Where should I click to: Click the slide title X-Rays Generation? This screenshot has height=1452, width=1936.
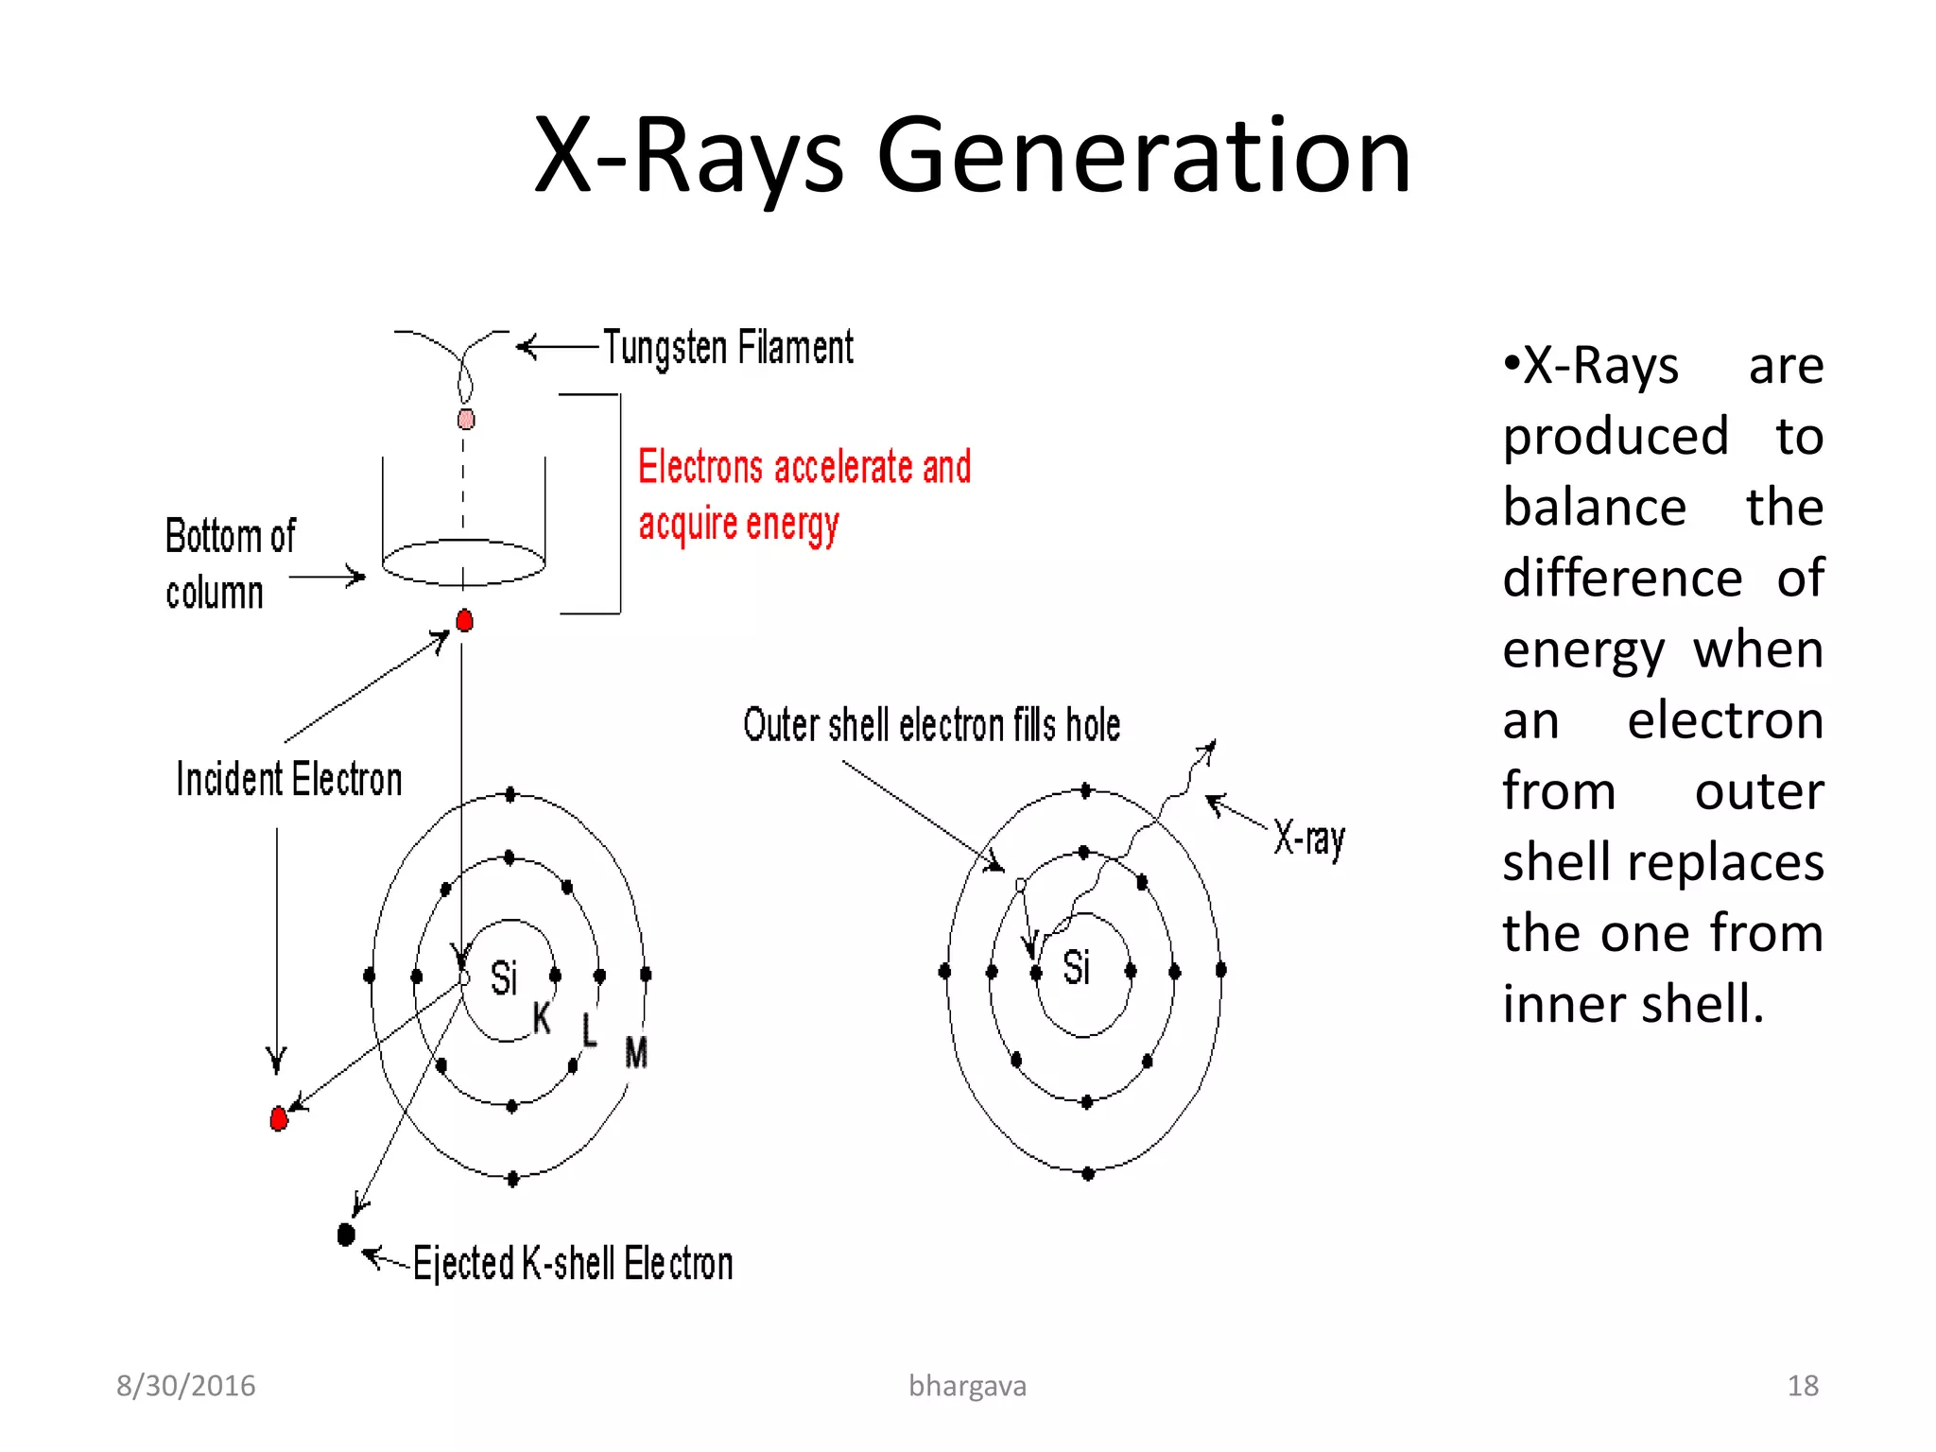pyautogui.click(x=972, y=156)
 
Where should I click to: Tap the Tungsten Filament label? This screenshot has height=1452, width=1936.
pyautogui.click(x=728, y=348)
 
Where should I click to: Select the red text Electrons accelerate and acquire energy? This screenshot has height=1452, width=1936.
pyautogui.click(x=804, y=494)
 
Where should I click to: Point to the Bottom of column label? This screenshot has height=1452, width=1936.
pyautogui.click(x=229, y=564)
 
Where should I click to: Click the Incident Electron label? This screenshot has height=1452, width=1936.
pyautogui.click(x=289, y=780)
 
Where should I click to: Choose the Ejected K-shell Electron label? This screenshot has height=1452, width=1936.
pyautogui.click(x=573, y=1264)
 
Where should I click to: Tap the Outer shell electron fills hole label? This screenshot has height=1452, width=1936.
pyautogui.click(x=931, y=726)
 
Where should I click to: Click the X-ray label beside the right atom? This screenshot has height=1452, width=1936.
pyautogui.click(x=1309, y=838)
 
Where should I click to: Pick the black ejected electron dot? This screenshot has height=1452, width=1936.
pyautogui.click(x=346, y=1235)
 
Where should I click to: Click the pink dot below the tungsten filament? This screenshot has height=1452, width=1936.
pyautogui.click(x=466, y=419)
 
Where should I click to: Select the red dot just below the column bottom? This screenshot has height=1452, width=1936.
pyautogui.click(x=464, y=621)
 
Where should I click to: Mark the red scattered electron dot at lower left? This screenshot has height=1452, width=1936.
pyautogui.click(x=278, y=1119)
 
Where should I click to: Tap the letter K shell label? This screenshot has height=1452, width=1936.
pyautogui.click(x=542, y=1018)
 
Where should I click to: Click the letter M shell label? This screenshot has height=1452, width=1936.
pyautogui.click(x=636, y=1053)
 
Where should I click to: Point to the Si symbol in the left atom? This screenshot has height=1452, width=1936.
pyautogui.click(x=504, y=977)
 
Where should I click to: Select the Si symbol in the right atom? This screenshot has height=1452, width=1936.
pyautogui.click(x=1077, y=968)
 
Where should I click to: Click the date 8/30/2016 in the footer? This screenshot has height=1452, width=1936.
pyautogui.click(x=186, y=1386)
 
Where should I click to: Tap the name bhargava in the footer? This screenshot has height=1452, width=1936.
pyautogui.click(x=967, y=1386)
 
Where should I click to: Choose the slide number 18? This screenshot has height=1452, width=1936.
pyautogui.click(x=1803, y=1386)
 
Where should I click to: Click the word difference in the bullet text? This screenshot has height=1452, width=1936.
pyautogui.click(x=1622, y=579)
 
